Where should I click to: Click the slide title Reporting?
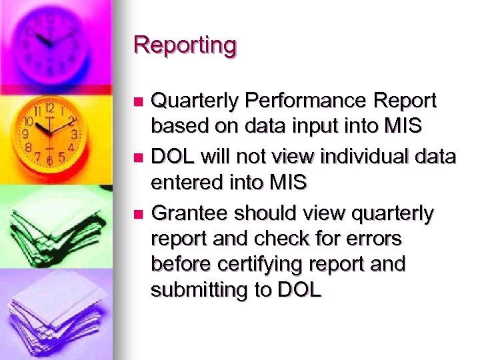click(185, 45)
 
